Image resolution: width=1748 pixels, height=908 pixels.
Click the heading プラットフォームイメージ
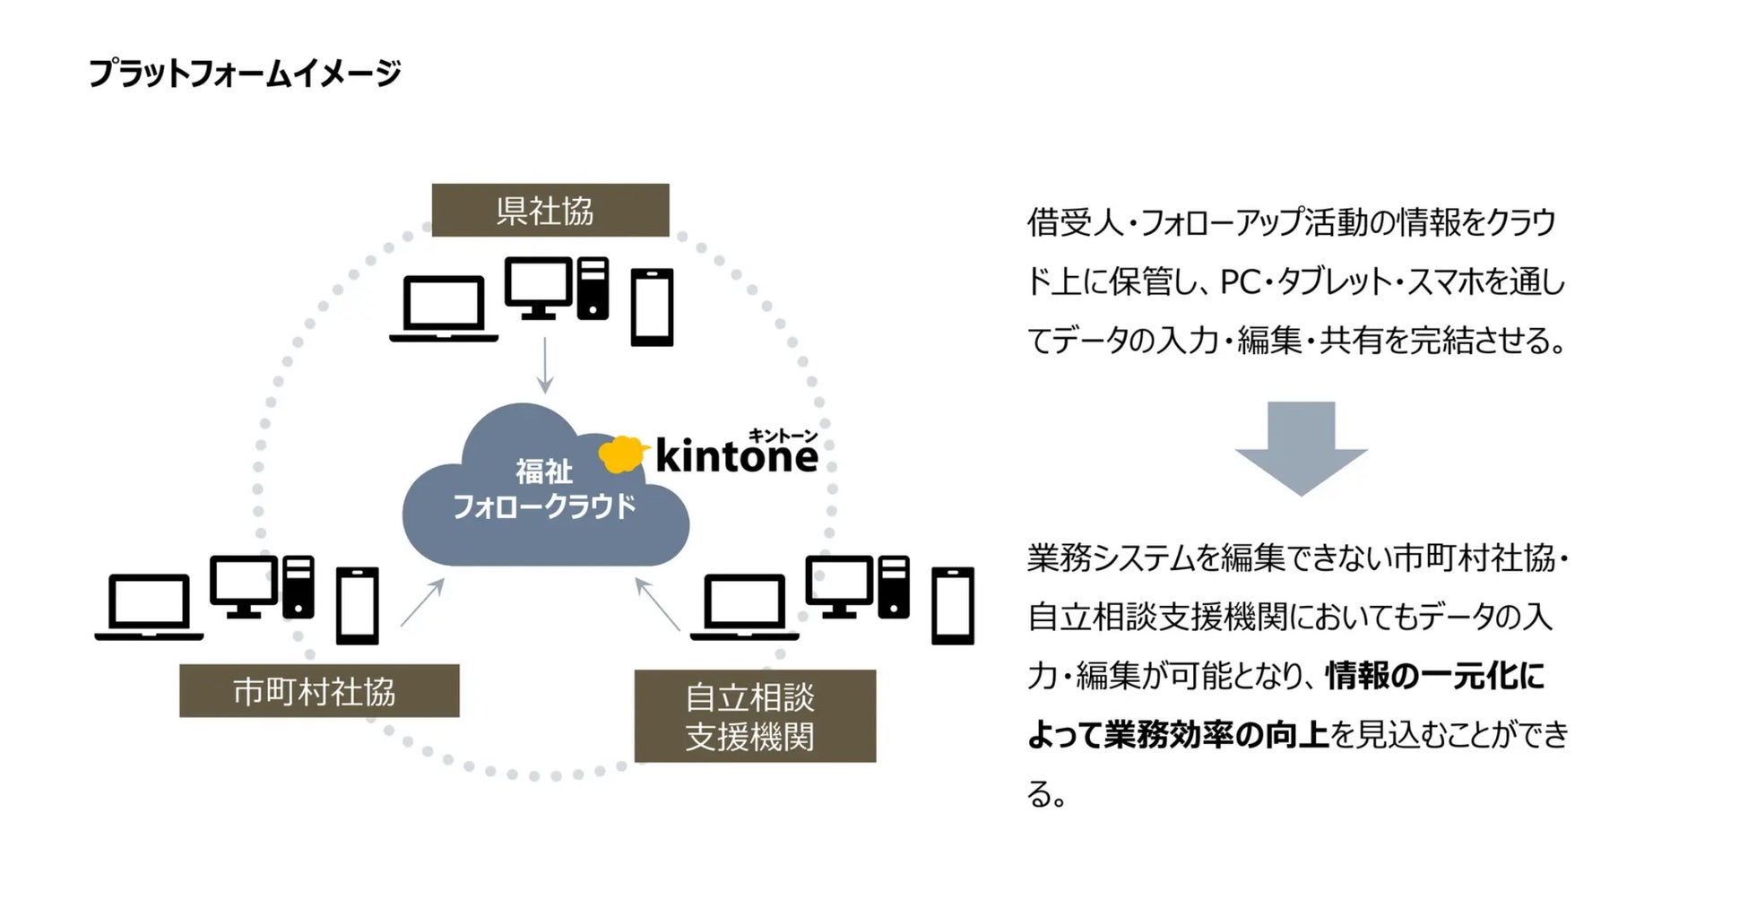244,74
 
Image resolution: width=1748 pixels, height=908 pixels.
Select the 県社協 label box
549,211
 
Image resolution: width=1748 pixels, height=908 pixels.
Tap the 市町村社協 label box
318,691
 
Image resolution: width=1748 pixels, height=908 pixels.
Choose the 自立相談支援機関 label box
754,716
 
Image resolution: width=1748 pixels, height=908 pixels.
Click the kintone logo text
736,456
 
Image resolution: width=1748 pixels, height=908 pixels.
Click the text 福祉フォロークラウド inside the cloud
544,489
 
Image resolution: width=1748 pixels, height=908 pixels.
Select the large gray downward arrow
1300,448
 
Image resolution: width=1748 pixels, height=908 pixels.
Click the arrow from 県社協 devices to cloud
544,366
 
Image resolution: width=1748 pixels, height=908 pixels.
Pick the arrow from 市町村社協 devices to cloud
422,602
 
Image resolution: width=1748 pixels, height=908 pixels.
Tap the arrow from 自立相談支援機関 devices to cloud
657,604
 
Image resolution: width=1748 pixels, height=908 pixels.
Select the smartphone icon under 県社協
652,307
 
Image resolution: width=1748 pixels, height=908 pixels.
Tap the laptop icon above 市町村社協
149,607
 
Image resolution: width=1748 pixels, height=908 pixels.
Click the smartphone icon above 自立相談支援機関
952,606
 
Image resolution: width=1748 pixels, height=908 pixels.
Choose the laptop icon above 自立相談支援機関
744,607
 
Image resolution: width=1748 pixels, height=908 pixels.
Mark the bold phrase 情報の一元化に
1434,676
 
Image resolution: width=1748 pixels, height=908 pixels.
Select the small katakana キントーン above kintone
783,436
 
